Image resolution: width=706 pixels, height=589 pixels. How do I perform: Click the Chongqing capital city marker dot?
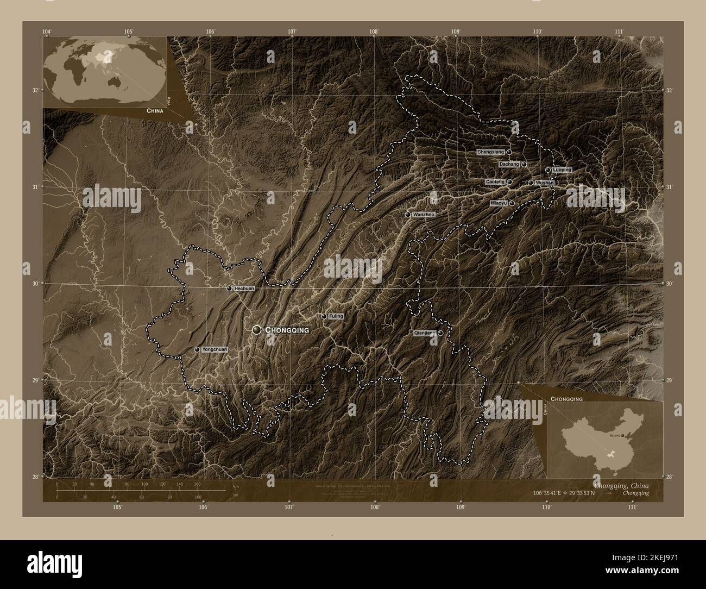pos(257,330)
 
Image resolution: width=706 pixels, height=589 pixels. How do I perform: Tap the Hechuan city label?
pos(244,289)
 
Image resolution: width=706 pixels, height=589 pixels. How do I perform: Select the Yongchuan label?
pos(214,350)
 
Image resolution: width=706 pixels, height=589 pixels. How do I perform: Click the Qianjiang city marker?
pos(440,333)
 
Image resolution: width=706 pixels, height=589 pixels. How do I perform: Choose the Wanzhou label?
pos(424,215)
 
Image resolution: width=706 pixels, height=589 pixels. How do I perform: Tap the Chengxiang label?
pos(490,152)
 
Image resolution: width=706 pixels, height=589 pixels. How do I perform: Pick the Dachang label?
pos(509,164)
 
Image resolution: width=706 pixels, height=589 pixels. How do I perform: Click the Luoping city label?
pos(562,170)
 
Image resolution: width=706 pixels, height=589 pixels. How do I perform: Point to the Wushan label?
pos(544,183)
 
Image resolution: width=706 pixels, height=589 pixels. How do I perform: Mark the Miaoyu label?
pos(498,203)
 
